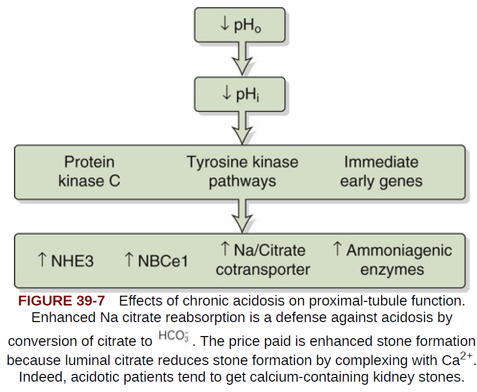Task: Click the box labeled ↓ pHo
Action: tap(239, 24)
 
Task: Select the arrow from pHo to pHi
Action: tap(240, 60)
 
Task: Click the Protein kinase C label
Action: tap(89, 171)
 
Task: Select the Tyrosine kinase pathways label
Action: tap(242, 171)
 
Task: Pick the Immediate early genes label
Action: tap(381, 171)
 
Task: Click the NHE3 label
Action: tap(72, 260)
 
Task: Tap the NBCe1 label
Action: tap(162, 260)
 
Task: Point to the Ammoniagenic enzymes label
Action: tap(392, 260)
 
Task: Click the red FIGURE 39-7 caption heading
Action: tap(62, 301)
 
